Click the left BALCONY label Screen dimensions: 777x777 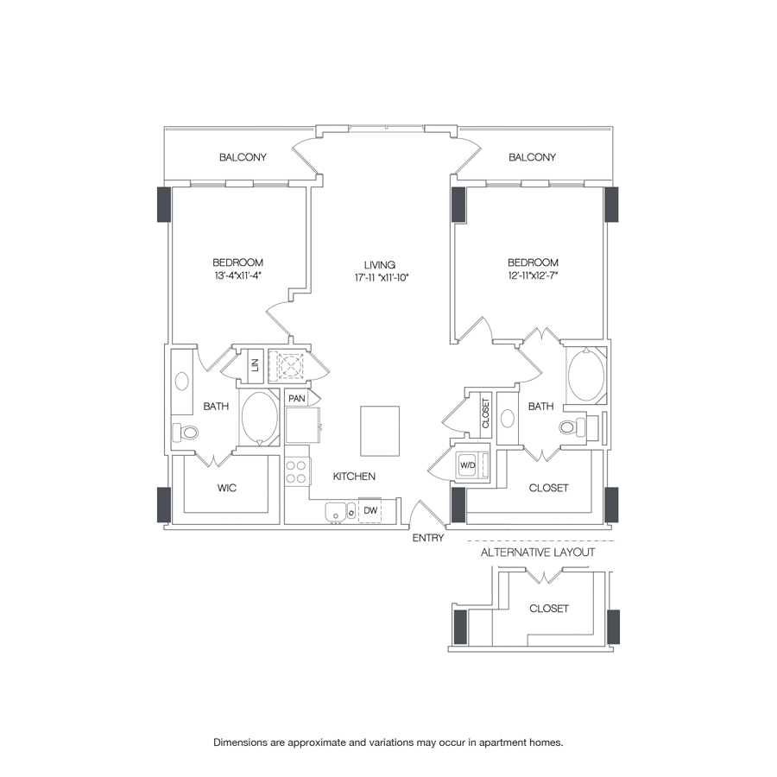click(x=243, y=157)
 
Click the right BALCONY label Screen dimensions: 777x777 click(x=532, y=157)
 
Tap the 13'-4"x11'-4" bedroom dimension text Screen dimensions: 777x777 click(x=237, y=276)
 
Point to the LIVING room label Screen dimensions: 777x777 click(x=379, y=264)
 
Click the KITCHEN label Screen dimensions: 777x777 click(x=355, y=476)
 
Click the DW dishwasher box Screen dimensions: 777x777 click(x=370, y=511)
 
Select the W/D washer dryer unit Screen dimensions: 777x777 click(x=469, y=464)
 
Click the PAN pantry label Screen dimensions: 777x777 click(x=296, y=398)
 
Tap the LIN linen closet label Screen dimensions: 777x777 click(x=255, y=364)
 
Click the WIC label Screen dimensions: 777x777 click(x=226, y=488)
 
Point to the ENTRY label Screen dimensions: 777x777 click(x=428, y=538)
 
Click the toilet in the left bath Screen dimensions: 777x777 click(x=186, y=432)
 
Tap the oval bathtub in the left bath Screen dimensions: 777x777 click(x=258, y=418)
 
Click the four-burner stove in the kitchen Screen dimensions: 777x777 click(x=296, y=471)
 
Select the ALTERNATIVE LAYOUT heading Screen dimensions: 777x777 click(x=537, y=552)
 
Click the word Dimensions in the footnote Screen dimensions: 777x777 click(x=244, y=742)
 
